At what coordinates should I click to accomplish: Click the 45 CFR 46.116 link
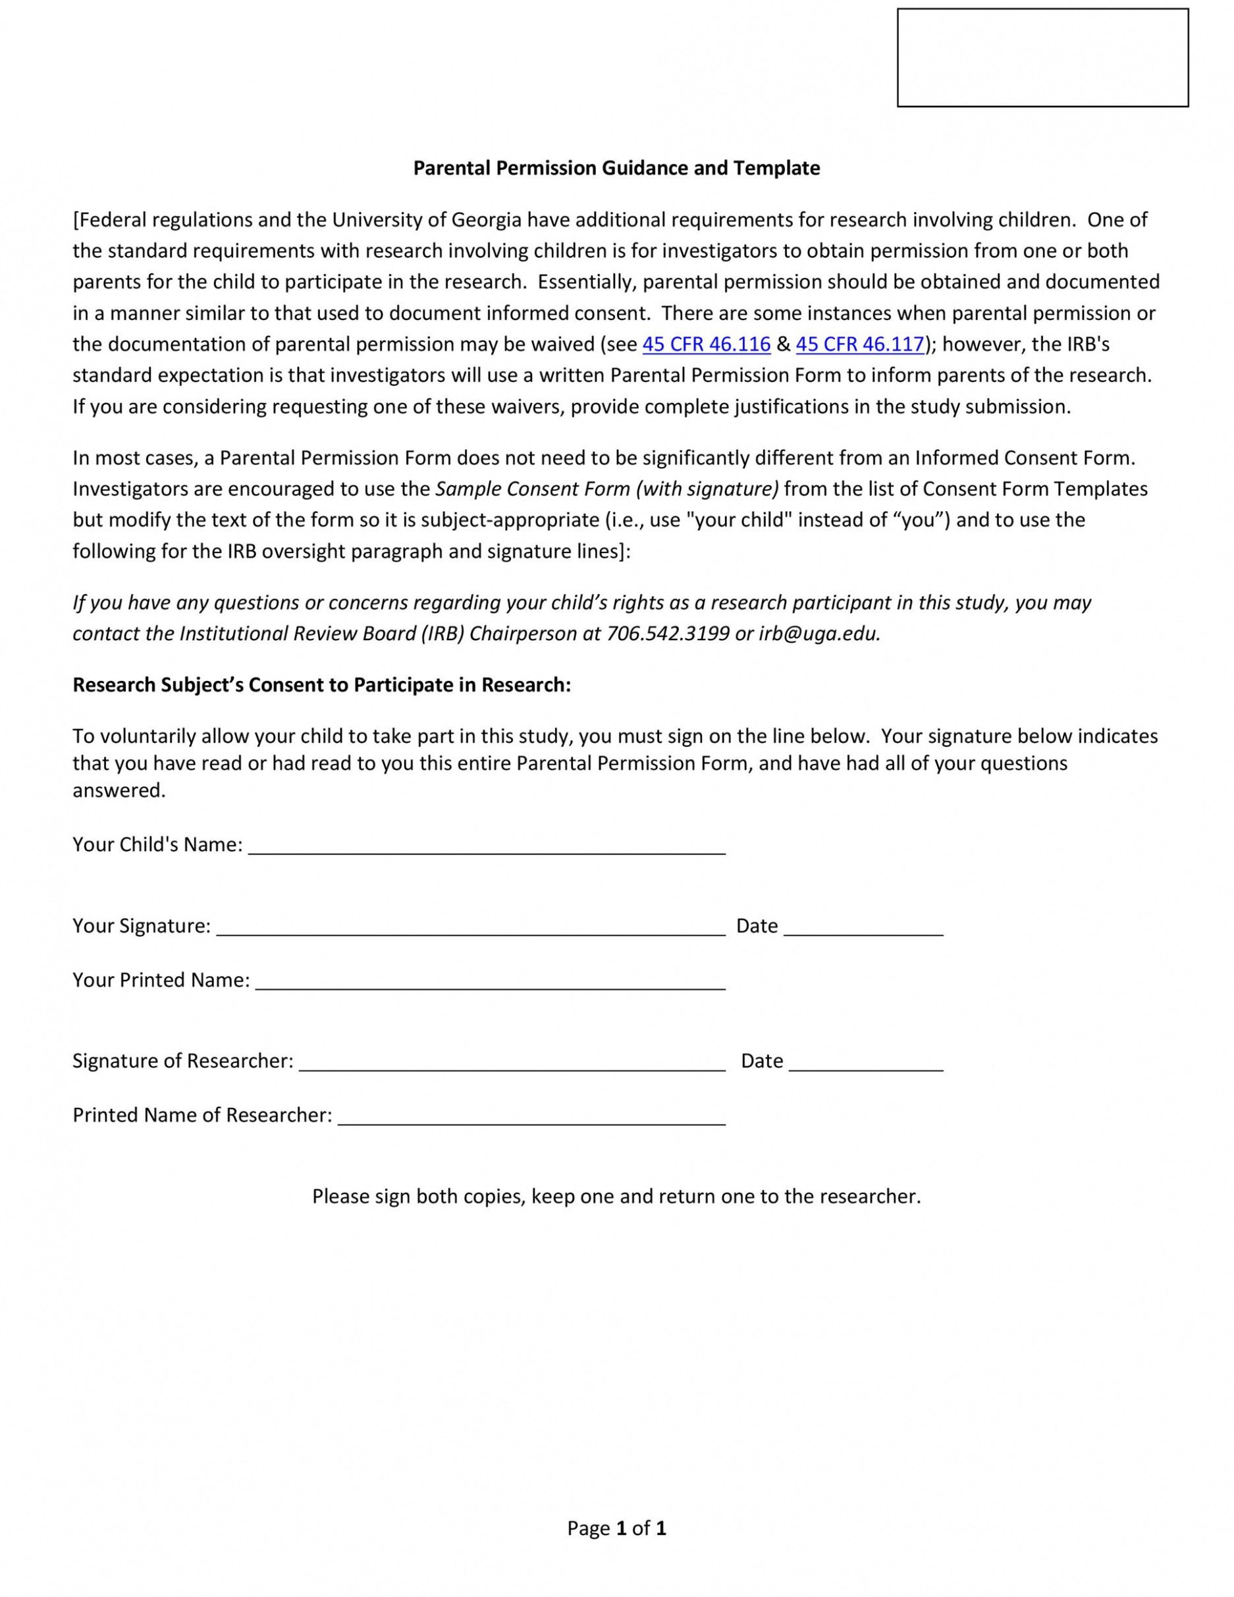click(706, 344)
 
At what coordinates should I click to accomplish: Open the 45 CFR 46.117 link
click(860, 344)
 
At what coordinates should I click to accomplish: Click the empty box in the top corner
click(1042, 58)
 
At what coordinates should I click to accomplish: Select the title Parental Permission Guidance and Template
click(616, 168)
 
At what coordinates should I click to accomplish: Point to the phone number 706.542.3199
click(668, 634)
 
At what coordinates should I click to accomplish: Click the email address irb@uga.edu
click(818, 634)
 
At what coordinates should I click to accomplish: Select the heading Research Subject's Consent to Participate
click(321, 685)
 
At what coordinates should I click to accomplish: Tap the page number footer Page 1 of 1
click(616, 1529)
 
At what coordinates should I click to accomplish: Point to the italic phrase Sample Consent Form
click(532, 489)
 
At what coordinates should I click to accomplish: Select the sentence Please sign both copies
click(616, 1197)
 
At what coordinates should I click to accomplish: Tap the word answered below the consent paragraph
click(119, 790)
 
